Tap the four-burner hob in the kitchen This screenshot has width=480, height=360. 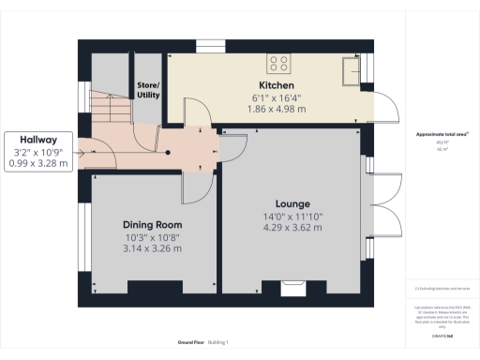(278, 64)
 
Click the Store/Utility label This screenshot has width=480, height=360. (149, 90)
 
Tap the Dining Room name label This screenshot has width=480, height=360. (152, 225)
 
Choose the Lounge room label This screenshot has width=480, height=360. (292, 203)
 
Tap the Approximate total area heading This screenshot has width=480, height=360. (442, 135)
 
